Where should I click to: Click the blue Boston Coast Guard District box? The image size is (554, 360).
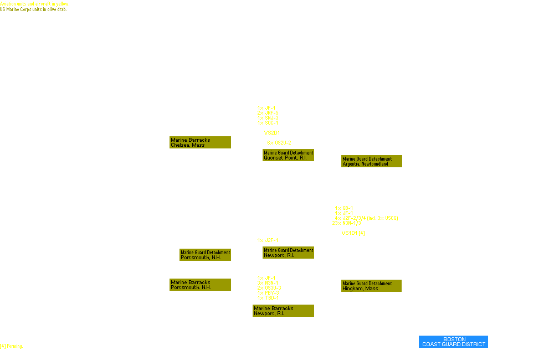pos(454,342)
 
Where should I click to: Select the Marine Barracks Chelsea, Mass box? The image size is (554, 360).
pos(200,142)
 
